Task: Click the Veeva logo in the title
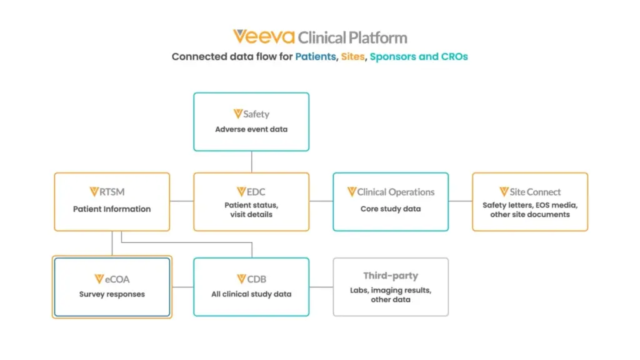coord(264,37)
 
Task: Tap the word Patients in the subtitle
coord(316,57)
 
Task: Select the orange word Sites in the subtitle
coord(352,57)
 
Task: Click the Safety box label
coord(251,114)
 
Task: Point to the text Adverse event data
coord(251,129)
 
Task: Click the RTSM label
coord(107,192)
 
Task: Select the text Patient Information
coord(112,209)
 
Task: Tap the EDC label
coord(251,192)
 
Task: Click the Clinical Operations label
coord(391,192)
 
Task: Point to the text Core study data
coord(391,209)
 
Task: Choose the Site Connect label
coord(530,192)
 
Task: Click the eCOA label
coord(112,279)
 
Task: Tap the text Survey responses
coord(112,294)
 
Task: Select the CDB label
coord(251,279)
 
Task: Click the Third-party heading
coord(391,276)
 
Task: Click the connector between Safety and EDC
coord(251,162)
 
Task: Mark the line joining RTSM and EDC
coord(182,201)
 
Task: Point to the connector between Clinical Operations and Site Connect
coord(461,201)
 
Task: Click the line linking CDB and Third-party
coord(321,287)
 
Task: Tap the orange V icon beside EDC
coord(241,191)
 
